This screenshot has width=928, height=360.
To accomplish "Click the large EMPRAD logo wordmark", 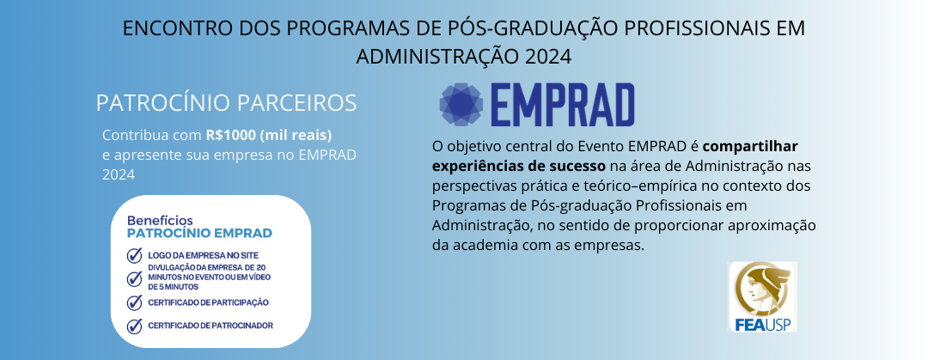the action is coord(562,105).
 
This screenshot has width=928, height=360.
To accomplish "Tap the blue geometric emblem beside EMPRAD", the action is coord(461,105).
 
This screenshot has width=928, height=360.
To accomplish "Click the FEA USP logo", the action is coord(762,297).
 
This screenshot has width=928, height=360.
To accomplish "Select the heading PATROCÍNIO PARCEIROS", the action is coord(226,103).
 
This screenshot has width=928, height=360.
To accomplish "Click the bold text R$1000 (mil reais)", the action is coord(269,136).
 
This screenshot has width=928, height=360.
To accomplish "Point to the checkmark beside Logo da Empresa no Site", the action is coord(134,256).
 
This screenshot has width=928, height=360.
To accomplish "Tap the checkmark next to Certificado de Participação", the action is coord(134,302).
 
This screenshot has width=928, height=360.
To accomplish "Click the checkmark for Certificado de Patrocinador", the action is coord(134,326).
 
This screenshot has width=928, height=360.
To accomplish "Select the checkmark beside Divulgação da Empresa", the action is coord(134,278).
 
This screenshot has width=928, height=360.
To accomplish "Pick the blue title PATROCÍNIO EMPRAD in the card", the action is coord(199,234).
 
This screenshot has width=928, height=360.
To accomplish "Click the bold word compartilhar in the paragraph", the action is coord(750,146).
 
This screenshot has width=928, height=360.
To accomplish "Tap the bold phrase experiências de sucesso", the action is coord(519,165).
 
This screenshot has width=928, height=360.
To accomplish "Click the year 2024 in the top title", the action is coord(548,56).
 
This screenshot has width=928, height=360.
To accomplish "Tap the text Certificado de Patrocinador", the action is coord(211,326).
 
